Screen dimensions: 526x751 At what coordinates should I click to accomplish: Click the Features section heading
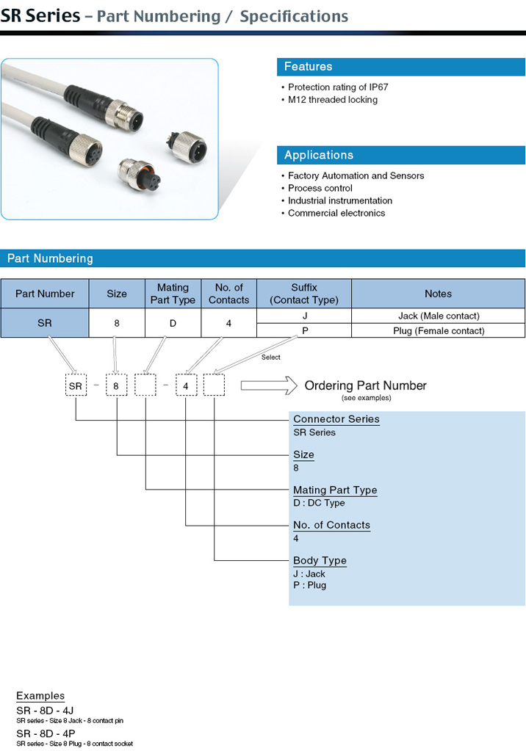tap(308, 67)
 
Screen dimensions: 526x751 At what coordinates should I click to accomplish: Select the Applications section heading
tap(318, 155)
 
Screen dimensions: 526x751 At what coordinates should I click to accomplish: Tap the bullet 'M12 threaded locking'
tap(332, 100)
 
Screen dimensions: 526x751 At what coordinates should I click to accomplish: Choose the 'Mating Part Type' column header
tap(173, 294)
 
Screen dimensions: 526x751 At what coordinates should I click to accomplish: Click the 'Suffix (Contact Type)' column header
tap(304, 294)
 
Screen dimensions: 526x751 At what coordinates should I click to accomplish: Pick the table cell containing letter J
tap(304, 316)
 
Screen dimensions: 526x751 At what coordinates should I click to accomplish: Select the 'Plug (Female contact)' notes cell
tap(439, 330)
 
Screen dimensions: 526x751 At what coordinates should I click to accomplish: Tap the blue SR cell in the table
tap(45, 323)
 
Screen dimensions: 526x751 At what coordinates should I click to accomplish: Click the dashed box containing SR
tap(76, 385)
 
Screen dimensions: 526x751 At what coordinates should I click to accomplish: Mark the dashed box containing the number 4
tap(186, 385)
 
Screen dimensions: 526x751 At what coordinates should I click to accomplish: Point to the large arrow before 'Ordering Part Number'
tap(269, 385)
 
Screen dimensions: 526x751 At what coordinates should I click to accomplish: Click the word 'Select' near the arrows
tap(270, 358)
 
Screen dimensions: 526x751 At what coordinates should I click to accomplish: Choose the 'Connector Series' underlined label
tap(336, 419)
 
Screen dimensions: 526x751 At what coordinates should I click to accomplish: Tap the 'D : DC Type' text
tap(319, 503)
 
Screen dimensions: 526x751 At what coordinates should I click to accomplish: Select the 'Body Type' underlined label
tap(320, 561)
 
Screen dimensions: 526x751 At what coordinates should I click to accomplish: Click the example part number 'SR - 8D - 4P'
tap(46, 733)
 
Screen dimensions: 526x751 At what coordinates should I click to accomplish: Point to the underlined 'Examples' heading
tap(40, 696)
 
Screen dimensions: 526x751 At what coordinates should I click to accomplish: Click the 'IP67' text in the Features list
tap(378, 87)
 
